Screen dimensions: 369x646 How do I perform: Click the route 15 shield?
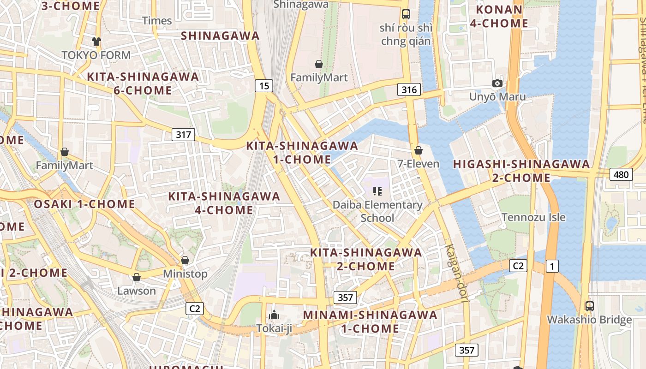[263, 85]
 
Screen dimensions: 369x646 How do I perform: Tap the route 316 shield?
[409, 89]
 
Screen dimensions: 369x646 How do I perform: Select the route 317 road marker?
[184, 135]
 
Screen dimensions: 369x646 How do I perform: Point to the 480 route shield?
[621, 174]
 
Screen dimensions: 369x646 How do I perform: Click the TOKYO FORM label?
[96, 55]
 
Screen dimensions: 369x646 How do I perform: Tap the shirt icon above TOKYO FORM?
[96, 42]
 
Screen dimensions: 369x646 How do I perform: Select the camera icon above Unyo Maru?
[497, 83]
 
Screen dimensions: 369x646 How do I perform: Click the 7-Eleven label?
[419, 164]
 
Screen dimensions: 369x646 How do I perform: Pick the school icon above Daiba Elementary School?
[377, 191]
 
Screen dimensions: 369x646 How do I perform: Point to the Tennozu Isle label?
[533, 217]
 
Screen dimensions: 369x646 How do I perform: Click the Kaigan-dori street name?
[456, 273]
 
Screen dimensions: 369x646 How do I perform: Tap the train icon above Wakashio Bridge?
[589, 306]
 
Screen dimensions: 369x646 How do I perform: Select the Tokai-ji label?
[274, 328]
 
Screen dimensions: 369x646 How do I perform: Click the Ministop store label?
[185, 274]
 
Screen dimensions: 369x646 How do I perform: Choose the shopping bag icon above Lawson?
[136, 277]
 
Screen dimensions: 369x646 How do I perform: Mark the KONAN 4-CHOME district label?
[499, 16]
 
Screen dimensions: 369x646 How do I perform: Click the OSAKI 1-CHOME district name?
[84, 204]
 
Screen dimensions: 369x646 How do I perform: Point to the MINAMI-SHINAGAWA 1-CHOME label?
[370, 321]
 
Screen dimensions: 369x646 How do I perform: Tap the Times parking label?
[157, 21]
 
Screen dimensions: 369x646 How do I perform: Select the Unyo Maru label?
[497, 97]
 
